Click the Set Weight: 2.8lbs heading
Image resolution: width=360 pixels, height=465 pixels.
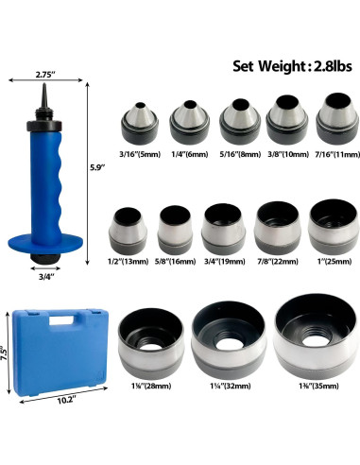[x=292, y=66]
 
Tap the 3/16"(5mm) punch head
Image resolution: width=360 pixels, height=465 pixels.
[x=140, y=123]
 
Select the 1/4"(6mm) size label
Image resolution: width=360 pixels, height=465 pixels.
[x=190, y=154]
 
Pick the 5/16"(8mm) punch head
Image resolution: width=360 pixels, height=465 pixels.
[x=240, y=121]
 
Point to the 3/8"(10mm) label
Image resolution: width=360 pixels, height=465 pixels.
[x=288, y=154]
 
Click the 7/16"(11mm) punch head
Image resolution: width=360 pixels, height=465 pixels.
[x=338, y=118]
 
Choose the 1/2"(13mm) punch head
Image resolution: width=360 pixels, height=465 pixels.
[x=128, y=231]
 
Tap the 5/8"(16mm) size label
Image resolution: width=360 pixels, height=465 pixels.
[x=175, y=261]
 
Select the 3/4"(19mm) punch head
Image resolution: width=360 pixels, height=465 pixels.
[x=223, y=229]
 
